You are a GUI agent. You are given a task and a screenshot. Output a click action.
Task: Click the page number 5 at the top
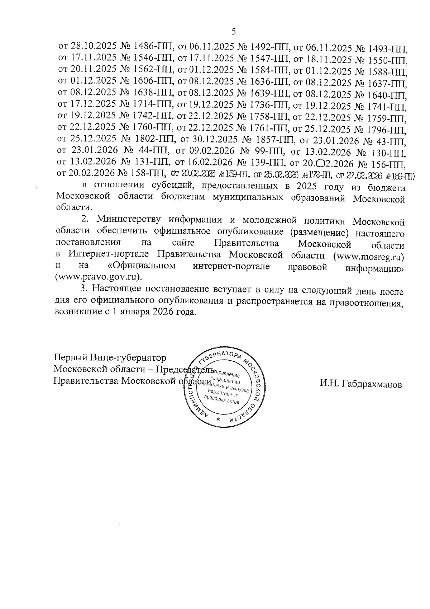click(234, 32)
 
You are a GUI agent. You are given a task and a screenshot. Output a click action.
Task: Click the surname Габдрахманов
click(361, 384)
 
